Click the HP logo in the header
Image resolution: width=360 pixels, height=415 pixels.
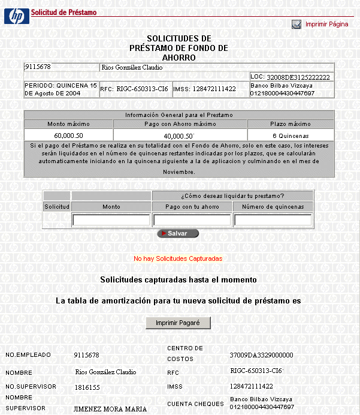pyautogui.click(x=16, y=16)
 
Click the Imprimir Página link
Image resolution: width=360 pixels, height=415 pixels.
pyautogui.click(x=326, y=25)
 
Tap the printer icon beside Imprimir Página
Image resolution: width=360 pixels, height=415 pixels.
pyautogui.click(x=297, y=25)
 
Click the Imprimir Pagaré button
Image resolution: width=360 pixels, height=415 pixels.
pyautogui.click(x=179, y=323)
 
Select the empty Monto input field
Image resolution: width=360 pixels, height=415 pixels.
pyautogui.click(x=111, y=220)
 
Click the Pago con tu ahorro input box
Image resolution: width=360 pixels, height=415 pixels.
pyautogui.click(x=192, y=220)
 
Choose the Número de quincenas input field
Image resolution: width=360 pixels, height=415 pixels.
pyautogui.click(x=273, y=220)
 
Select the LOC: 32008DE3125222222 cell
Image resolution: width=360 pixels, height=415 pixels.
pyautogui.click(x=291, y=77)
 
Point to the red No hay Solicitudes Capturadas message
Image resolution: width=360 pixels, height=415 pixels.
pyautogui.click(x=178, y=258)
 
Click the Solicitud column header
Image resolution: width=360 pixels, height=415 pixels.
pyautogui.click(x=57, y=206)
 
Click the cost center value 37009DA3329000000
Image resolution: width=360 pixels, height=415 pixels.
pyautogui.click(x=262, y=355)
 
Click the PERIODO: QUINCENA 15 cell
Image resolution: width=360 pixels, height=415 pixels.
pyautogui.click(x=60, y=89)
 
